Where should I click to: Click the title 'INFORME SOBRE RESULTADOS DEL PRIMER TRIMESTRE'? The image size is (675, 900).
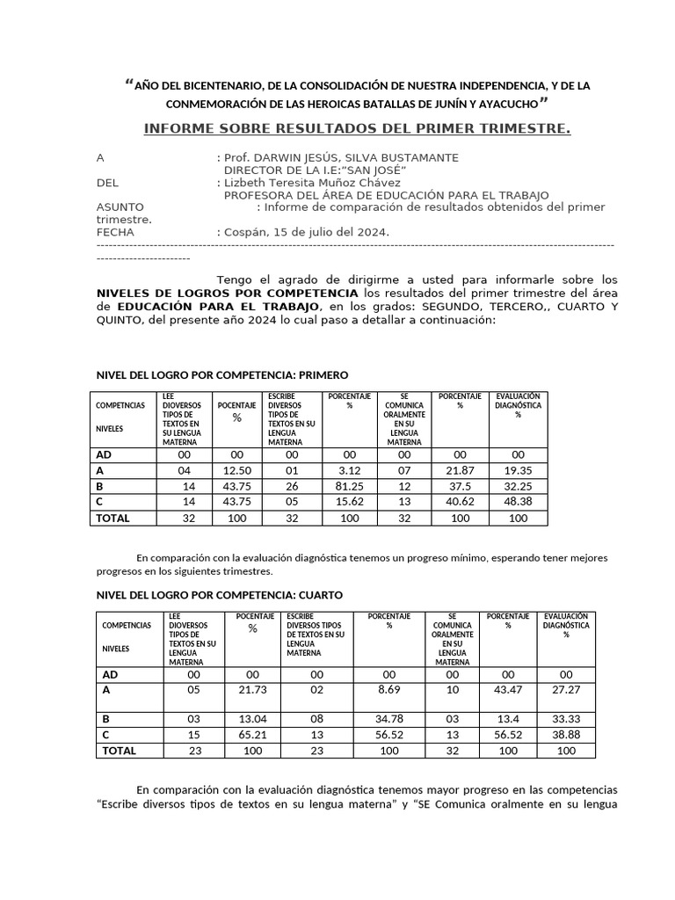357,130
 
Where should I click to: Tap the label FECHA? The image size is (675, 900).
114,232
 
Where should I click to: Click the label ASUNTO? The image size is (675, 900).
120,207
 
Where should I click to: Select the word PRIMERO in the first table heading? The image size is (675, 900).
324,374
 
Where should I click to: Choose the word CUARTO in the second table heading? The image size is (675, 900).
318,595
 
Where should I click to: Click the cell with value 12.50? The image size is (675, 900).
236,471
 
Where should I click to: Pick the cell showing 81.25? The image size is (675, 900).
349,487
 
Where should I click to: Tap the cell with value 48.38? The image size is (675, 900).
518,503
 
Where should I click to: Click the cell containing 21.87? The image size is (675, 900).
460,471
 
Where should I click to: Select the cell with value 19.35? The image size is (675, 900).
518,471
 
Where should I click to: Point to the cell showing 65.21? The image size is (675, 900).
252,735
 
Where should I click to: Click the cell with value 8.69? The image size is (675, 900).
388,692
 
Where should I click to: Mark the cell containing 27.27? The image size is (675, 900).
566,692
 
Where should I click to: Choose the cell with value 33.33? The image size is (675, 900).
566,719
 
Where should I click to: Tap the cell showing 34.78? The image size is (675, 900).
388,719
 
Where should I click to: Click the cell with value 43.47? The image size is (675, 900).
508,692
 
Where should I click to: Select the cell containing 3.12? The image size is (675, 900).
349,471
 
